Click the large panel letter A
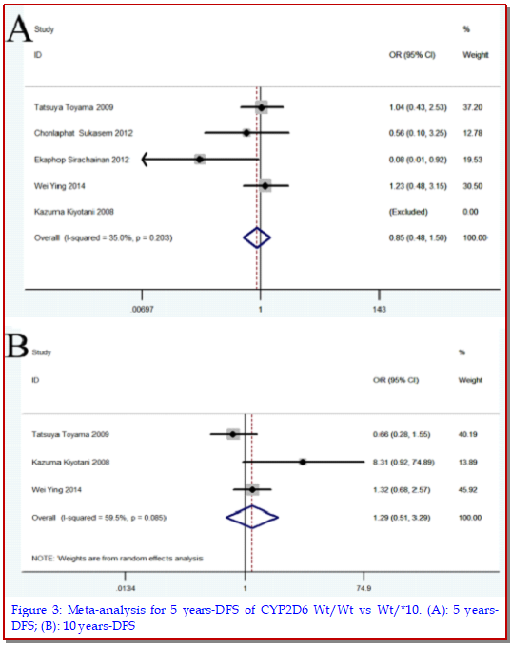point(19,28)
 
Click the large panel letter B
point(17,346)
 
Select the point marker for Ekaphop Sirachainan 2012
point(200,160)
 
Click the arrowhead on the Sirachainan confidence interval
point(145,160)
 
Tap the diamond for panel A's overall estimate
point(257,237)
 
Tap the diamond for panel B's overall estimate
point(252,517)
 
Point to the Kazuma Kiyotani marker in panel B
point(303,462)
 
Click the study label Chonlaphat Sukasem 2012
point(83,133)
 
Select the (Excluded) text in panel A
point(408,212)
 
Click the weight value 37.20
point(472,107)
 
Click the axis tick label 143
point(379,309)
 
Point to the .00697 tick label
point(142,309)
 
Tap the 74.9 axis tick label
point(364,588)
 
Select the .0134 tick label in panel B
point(126,588)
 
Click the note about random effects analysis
point(117,559)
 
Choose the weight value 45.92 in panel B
point(468,490)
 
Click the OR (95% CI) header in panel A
point(412,55)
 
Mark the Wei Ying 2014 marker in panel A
point(265,186)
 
